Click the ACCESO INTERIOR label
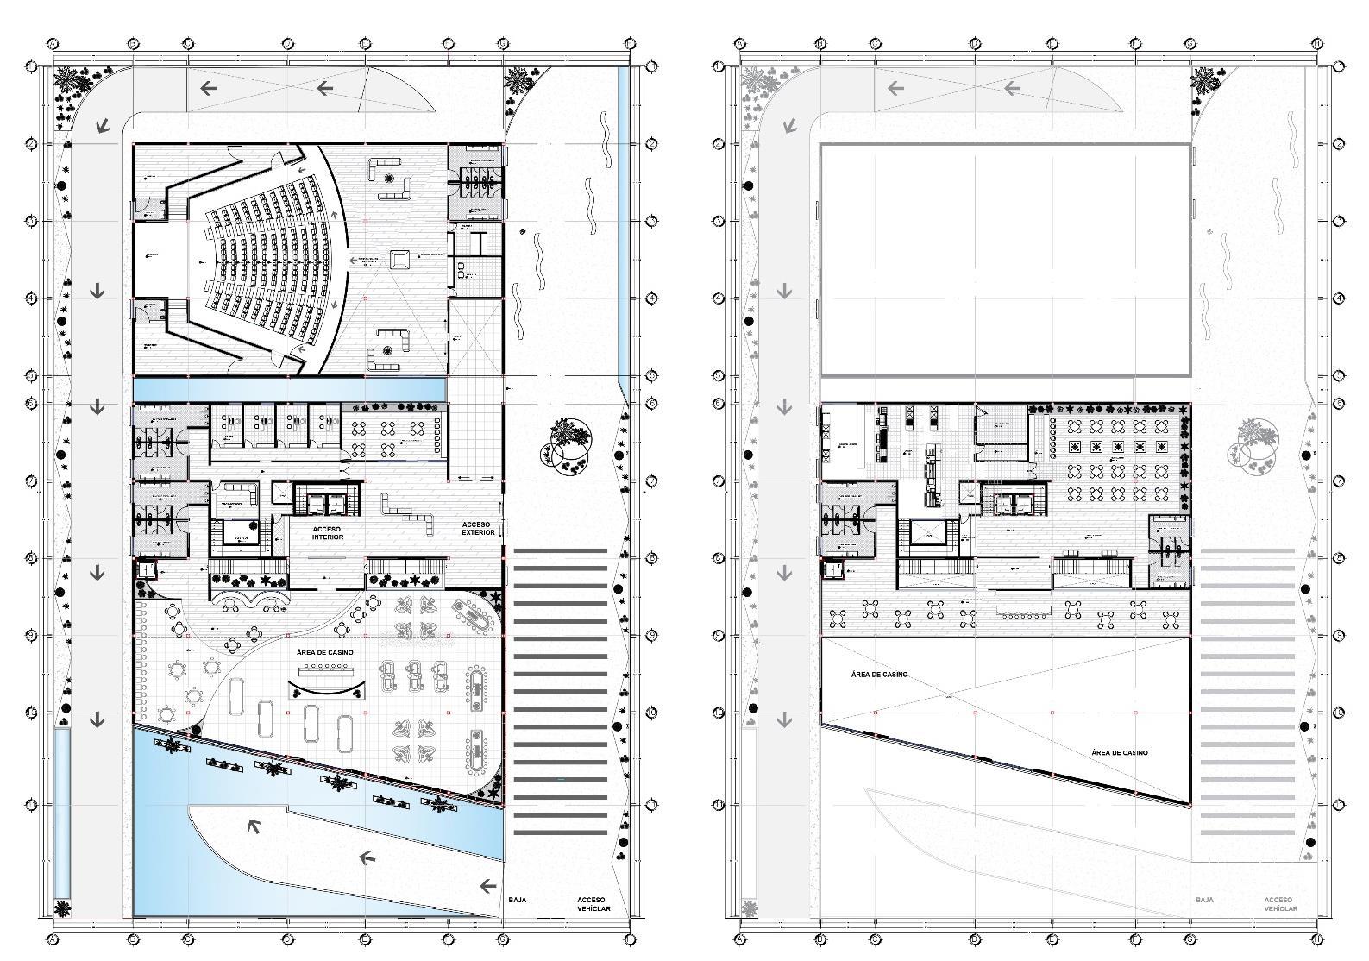point(328,532)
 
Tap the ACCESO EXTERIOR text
point(477,528)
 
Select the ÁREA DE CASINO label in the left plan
point(324,652)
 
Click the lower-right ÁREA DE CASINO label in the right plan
point(1119,752)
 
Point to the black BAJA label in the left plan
point(517,900)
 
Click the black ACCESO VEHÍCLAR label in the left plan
point(593,904)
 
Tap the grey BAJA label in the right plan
point(1204,900)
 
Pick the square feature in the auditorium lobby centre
point(399,259)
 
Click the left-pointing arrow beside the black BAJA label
point(488,886)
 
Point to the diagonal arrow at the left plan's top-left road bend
point(103,126)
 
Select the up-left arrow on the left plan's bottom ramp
point(254,826)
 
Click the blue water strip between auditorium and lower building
point(289,389)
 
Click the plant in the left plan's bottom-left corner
point(62,908)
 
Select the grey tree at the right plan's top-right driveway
point(1203,83)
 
